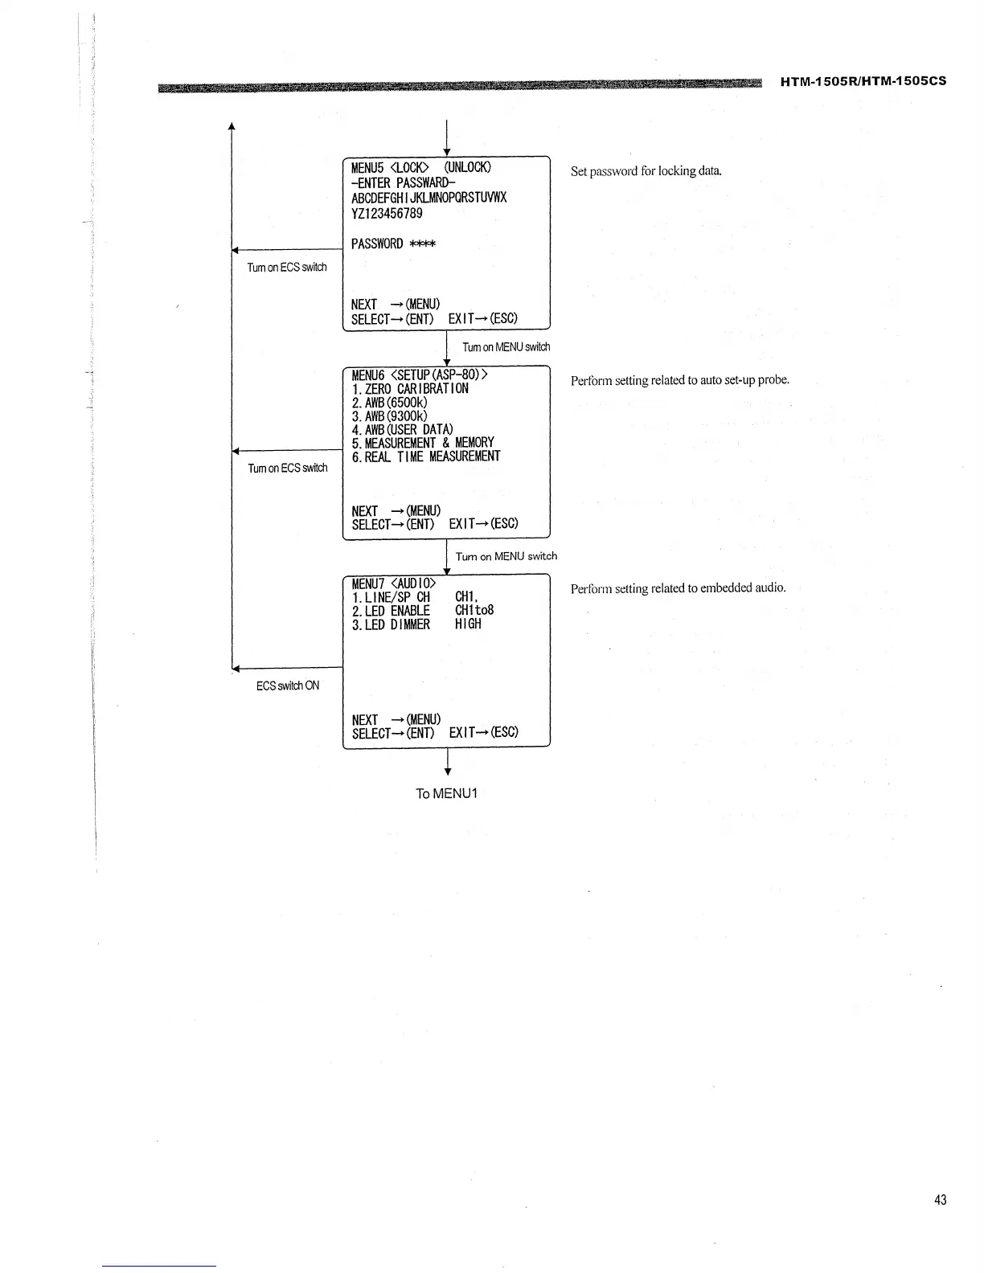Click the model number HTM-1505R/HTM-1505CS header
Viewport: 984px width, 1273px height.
863,81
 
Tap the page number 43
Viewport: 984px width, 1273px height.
940,1200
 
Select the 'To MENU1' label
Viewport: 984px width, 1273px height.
446,793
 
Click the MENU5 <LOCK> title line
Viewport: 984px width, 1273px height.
420,167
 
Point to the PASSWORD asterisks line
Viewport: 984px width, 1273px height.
393,244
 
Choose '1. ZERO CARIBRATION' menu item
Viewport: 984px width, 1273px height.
410,389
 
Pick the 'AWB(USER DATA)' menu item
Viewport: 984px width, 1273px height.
402,429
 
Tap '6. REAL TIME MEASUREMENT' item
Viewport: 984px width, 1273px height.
425,456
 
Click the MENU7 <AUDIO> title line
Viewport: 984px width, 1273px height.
394,583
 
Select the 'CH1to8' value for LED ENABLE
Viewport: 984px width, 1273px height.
474,610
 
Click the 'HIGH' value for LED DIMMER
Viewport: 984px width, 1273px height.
468,624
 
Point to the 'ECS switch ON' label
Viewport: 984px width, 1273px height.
288,686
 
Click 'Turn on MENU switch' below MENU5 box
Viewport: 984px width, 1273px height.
506,347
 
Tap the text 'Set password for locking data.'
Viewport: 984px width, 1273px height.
646,171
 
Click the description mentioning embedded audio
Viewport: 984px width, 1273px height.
678,588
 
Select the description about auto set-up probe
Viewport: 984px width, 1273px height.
679,380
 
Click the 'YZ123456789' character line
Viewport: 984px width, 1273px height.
387,214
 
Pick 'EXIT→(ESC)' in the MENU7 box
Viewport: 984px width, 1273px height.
483,732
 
